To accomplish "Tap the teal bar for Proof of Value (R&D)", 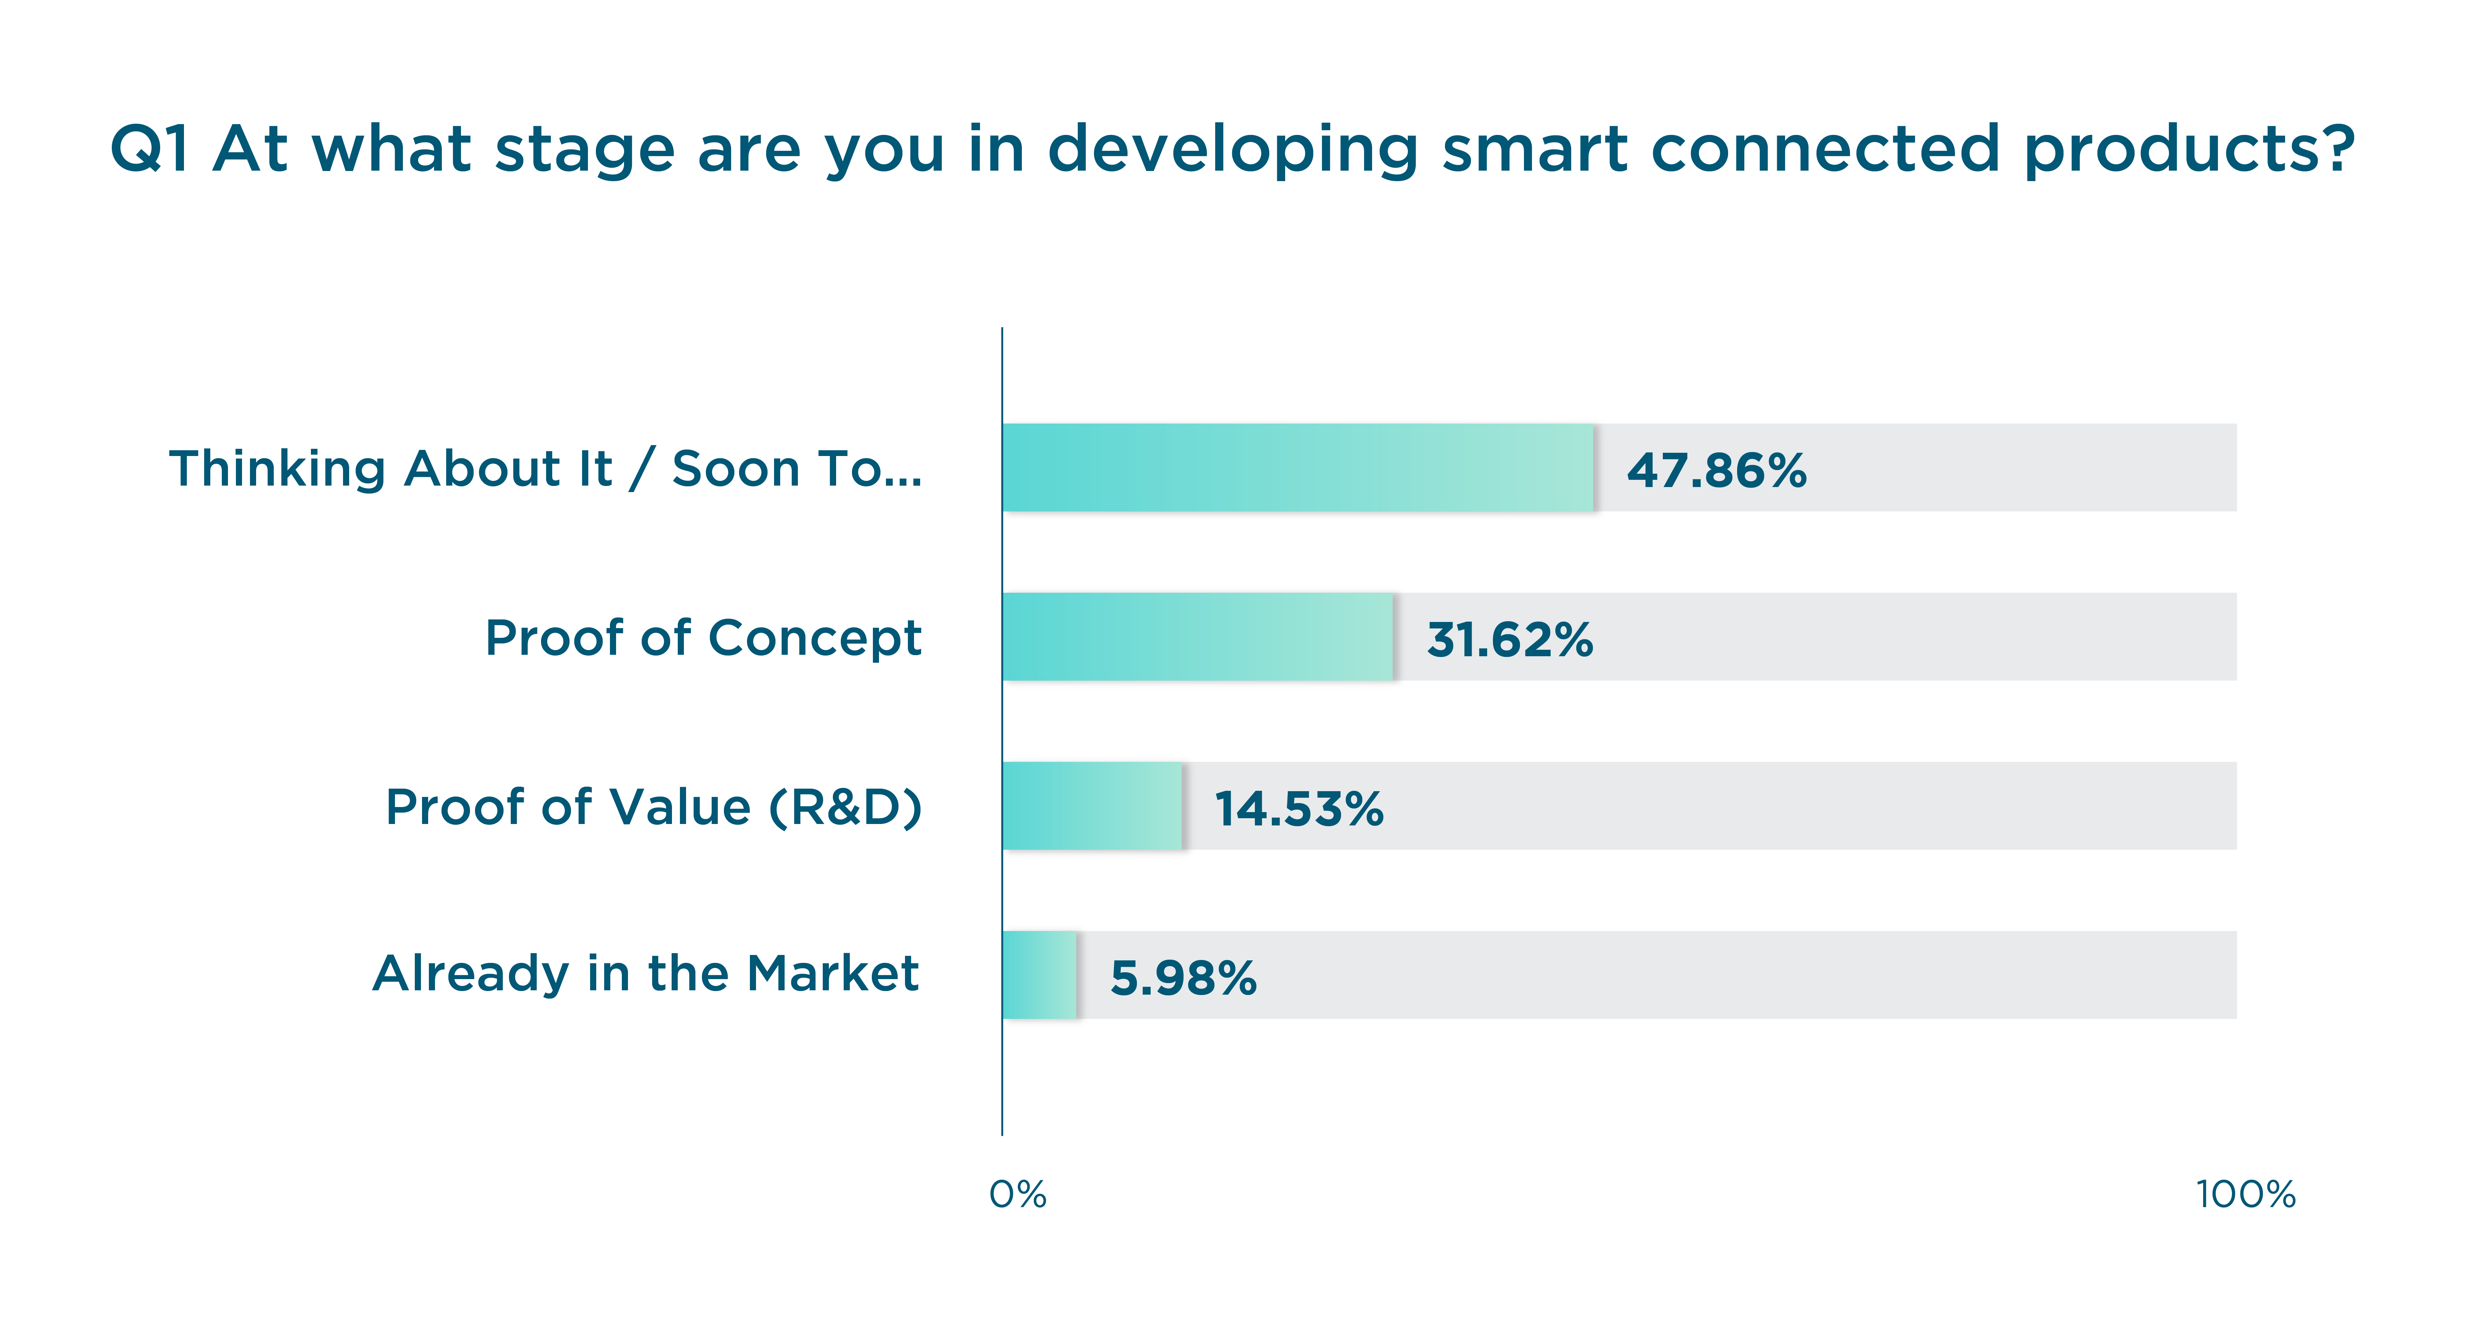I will pos(1092,806).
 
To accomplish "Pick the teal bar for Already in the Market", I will pos(1039,974).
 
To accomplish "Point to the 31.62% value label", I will pos(1510,639).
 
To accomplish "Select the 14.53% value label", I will pos(1299,809).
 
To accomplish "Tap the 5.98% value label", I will pos(1183,977).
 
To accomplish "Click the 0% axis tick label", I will pos(1017,1194).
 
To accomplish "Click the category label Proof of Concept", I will pos(703,637).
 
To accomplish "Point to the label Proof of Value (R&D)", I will pos(654,807).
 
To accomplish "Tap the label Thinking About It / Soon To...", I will pos(545,469).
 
